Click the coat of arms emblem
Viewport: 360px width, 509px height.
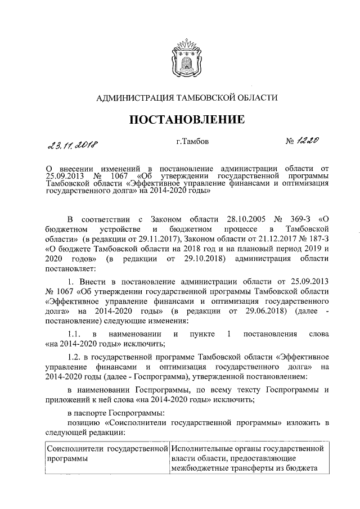[x=179, y=56]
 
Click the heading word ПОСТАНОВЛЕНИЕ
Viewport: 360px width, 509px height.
[x=179, y=119]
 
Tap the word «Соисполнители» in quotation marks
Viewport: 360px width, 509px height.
[x=134, y=422]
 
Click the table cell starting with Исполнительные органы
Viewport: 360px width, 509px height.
[x=247, y=460]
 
